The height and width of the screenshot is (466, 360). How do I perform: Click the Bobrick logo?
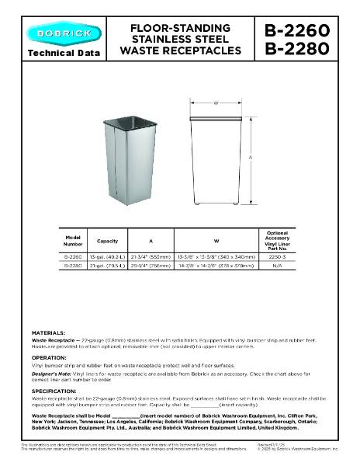[x=64, y=33]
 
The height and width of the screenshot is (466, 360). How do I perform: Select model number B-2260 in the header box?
[x=298, y=31]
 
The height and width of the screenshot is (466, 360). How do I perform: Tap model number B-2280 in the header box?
[x=298, y=49]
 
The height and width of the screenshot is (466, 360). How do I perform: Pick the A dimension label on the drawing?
[x=251, y=158]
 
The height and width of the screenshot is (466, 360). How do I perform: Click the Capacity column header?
[x=107, y=240]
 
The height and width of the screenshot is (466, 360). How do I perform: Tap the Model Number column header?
[x=73, y=240]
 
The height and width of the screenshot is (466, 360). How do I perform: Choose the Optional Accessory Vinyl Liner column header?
[x=277, y=240]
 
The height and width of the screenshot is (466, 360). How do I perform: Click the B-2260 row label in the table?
[x=73, y=255]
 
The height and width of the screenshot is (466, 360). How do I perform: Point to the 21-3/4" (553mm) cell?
[x=151, y=255]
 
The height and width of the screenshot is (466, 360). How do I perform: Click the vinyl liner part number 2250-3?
[x=277, y=255]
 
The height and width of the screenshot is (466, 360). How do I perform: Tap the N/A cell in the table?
[x=277, y=265]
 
